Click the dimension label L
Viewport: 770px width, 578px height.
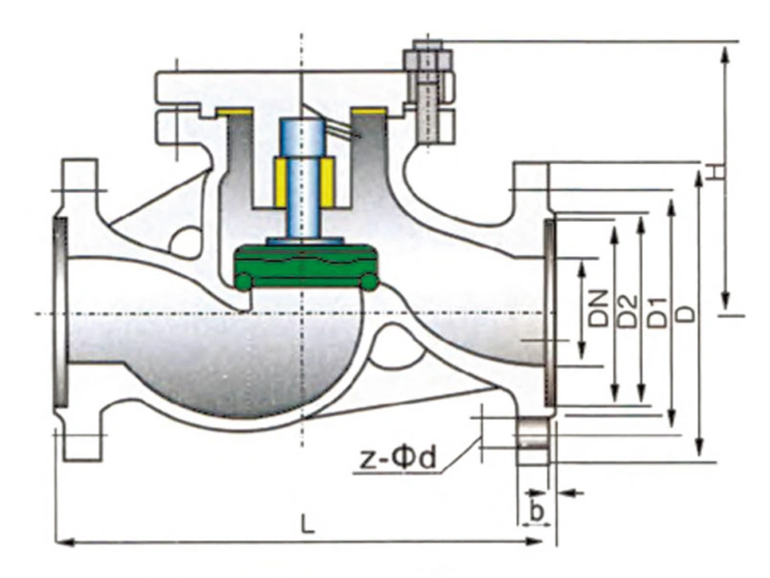pos(307,526)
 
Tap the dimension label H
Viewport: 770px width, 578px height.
pos(718,172)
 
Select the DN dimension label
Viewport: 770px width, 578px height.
pos(599,308)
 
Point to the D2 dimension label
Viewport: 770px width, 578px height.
pos(627,311)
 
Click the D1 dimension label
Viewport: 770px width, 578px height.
pos(657,312)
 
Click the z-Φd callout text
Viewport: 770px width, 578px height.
pos(398,459)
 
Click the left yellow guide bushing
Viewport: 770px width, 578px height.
pos(281,182)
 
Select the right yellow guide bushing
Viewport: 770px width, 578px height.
pos(329,182)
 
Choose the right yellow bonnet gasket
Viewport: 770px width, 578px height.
pos(370,112)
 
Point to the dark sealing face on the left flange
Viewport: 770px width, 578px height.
pos(60,312)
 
